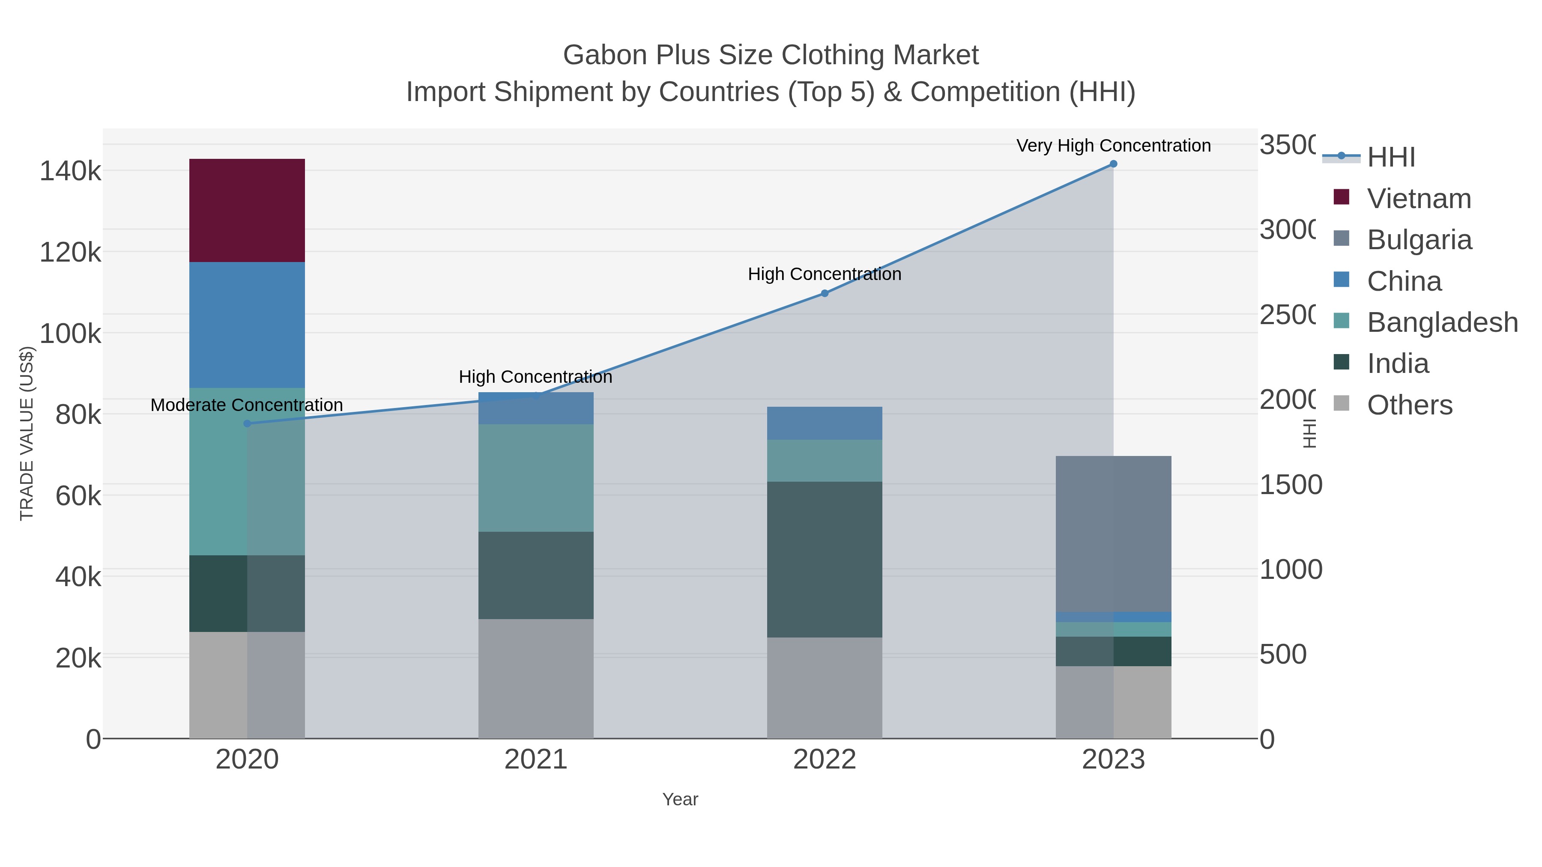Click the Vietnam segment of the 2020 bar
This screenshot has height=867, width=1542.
pyautogui.click(x=247, y=210)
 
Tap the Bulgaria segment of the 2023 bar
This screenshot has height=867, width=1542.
pyautogui.click(x=1113, y=534)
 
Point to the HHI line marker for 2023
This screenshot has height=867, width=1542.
pyautogui.click(x=1113, y=164)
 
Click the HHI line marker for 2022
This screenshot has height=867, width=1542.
pyautogui.click(x=824, y=293)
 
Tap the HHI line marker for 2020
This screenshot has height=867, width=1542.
pyautogui.click(x=247, y=423)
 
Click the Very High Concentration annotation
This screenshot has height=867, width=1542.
pyautogui.click(x=1113, y=146)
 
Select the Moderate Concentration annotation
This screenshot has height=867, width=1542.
pyautogui.click(x=247, y=405)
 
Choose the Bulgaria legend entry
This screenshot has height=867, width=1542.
pyautogui.click(x=1419, y=240)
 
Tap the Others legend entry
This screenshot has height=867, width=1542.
pyautogui.click(x=1409, y=405)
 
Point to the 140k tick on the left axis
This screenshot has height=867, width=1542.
pyautogui.click(x=70, y=172)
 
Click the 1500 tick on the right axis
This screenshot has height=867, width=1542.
pyautogui.click(x=1290, y=485)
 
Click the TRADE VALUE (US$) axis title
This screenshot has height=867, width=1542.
pyautogui.click(x=27, y=433)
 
